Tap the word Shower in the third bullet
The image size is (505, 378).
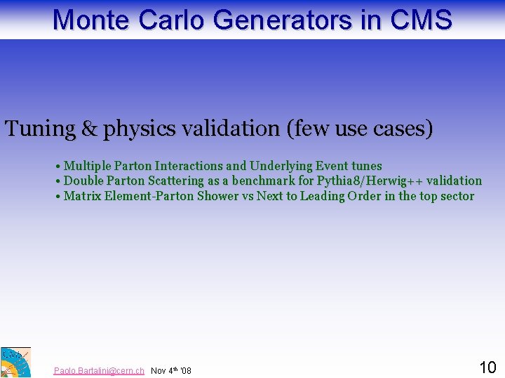[x=217, y=196]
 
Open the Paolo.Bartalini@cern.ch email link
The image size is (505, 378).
[x=99, y=370]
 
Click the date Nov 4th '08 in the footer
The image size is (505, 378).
[x=171, y=370]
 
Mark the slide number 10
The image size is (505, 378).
[x=487, y=367]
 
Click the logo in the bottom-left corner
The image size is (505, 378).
[x=15, y=362]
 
